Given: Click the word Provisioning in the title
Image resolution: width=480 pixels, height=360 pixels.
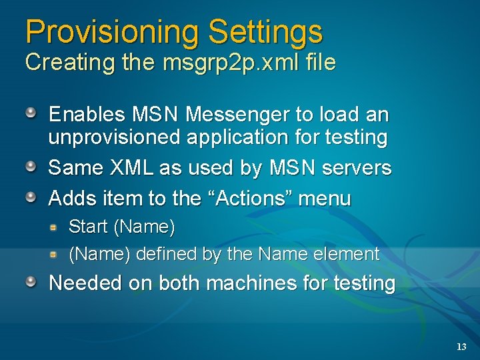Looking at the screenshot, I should point(111,31).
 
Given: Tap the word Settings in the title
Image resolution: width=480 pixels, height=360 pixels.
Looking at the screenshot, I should point(265,31).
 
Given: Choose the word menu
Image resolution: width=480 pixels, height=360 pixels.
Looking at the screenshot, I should point(325,198).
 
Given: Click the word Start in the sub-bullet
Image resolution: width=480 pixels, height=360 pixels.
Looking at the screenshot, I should point(89,227).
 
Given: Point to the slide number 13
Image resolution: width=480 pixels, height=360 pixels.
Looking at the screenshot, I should point(461,347).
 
